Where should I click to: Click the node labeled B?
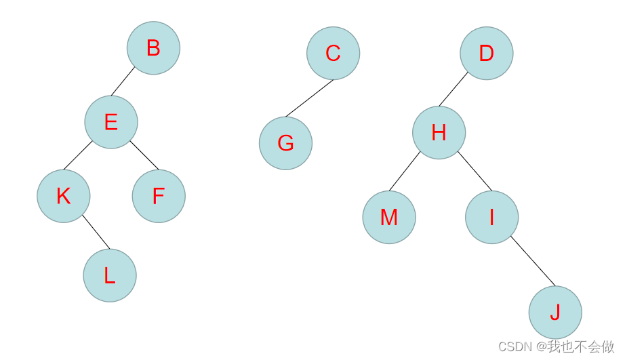[x=153, y=48]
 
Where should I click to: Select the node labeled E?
[x=111, y=122]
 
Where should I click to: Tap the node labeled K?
[x=64, y=196]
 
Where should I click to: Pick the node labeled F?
[x=159, y=196]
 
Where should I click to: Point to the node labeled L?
[x=110, y=275]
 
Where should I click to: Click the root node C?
[x=333, y=53]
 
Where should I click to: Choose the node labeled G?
[x=285, y=143]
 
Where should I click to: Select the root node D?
[x=487, y=54]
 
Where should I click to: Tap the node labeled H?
[x=439, y=133]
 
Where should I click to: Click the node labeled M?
[x=389, y=217]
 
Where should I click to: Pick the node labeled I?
[x=491, y=217]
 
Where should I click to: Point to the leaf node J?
[x=555, y=312]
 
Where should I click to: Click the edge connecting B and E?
[x=123, y=82]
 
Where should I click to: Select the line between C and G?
[x=309, y=98]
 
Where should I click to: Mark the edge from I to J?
[x=533, y=261]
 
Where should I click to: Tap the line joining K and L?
[x=96, y=232]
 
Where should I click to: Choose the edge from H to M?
[x=405, y=172]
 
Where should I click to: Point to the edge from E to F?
[x=144, y=155]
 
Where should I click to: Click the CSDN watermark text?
[x=557, y=346]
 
